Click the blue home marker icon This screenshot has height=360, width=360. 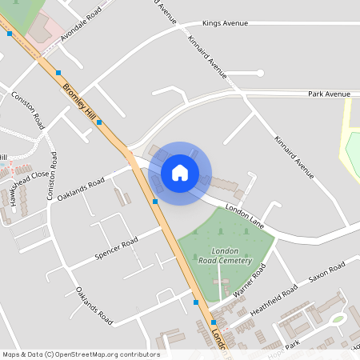(180, 171)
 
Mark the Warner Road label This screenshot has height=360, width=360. (248, 282)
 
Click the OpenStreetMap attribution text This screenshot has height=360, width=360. (81, 354)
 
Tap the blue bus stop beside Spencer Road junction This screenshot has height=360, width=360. (155, 202)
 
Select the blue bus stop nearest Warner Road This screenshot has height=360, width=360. (196, 302)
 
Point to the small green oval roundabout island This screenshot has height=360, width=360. (338, 319)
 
